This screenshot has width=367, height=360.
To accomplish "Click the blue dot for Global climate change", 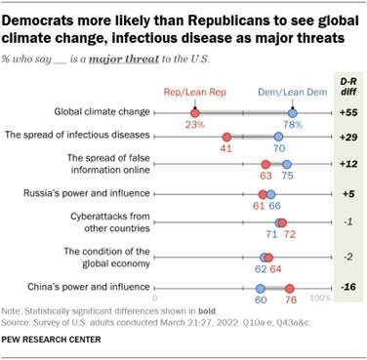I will click(293, 114).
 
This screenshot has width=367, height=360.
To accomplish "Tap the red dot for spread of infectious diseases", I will click(228, 138).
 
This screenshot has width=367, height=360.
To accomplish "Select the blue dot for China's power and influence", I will click(262, 288).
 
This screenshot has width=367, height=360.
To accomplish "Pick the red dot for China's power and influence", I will click(289, 288).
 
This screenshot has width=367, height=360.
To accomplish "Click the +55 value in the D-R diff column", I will click(347, 114).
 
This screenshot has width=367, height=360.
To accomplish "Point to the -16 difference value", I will click(347, 288).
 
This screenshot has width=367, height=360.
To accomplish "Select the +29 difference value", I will click(347, 138).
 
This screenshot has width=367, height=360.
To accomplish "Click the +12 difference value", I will click(347, 164).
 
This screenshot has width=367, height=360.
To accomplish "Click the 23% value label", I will click(196, 126).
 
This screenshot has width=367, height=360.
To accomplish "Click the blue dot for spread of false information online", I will click(286, 164).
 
